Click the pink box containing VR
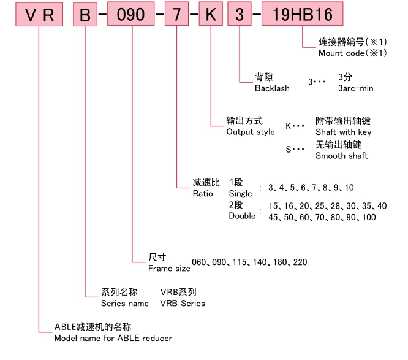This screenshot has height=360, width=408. (39, 15)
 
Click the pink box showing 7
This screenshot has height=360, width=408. (176, 15)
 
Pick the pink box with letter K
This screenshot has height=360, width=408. (210, 15)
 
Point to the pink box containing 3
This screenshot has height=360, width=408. (239, 15)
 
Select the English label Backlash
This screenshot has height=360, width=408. (272, 88)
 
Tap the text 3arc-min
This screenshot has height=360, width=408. (355, 88)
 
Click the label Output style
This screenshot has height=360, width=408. (251, 132)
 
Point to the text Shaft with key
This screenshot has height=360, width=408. (343, 132)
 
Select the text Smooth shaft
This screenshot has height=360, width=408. (342, 156)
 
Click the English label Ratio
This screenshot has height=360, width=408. (203, 193)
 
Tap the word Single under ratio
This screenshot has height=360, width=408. (240, 194)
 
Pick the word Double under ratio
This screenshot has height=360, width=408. (242, 216)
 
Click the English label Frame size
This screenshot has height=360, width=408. (169, 268)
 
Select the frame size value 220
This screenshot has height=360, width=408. (300, 262)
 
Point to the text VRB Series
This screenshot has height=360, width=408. (183, 303)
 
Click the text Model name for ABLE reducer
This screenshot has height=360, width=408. (113, 338)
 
